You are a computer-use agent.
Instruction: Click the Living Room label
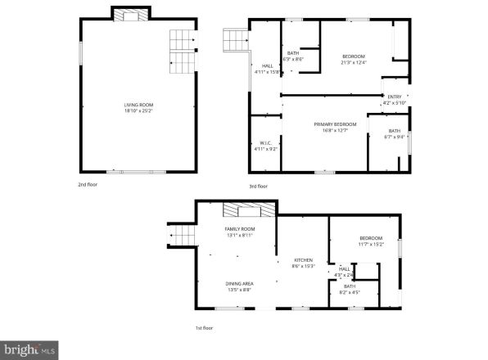pos(138,105)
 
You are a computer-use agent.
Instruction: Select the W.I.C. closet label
pos(265,143)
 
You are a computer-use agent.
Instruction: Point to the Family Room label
pos(240,228)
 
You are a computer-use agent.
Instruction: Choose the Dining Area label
pos(240,283)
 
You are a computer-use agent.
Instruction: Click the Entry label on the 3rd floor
pos(395,97)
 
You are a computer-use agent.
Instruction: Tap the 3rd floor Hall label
pos(267,65)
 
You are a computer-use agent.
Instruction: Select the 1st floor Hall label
pos(345,268)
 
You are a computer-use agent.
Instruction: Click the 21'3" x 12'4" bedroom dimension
pos(354,62)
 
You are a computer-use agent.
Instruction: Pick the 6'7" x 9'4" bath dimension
pos(395,137)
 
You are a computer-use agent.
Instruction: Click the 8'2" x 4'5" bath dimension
pos(349,292)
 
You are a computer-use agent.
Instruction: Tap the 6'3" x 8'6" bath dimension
pos(293,59)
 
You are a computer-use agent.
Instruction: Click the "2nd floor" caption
pos(88,185)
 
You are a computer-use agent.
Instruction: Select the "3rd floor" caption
pos(259,186)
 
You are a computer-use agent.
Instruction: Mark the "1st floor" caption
pos(204,327)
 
